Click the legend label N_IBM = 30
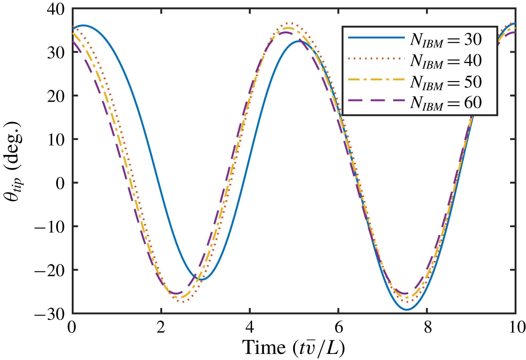point(446,40)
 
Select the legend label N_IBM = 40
point(446,61)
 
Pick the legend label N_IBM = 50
point(446,82)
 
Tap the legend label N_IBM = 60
point(446,103)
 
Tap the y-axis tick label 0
point(60,183)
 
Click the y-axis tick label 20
point(56,97)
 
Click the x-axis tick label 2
point(161,327)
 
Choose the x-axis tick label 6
point(338,327)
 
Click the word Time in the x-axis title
point(264,347)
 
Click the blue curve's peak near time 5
point(298,41)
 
